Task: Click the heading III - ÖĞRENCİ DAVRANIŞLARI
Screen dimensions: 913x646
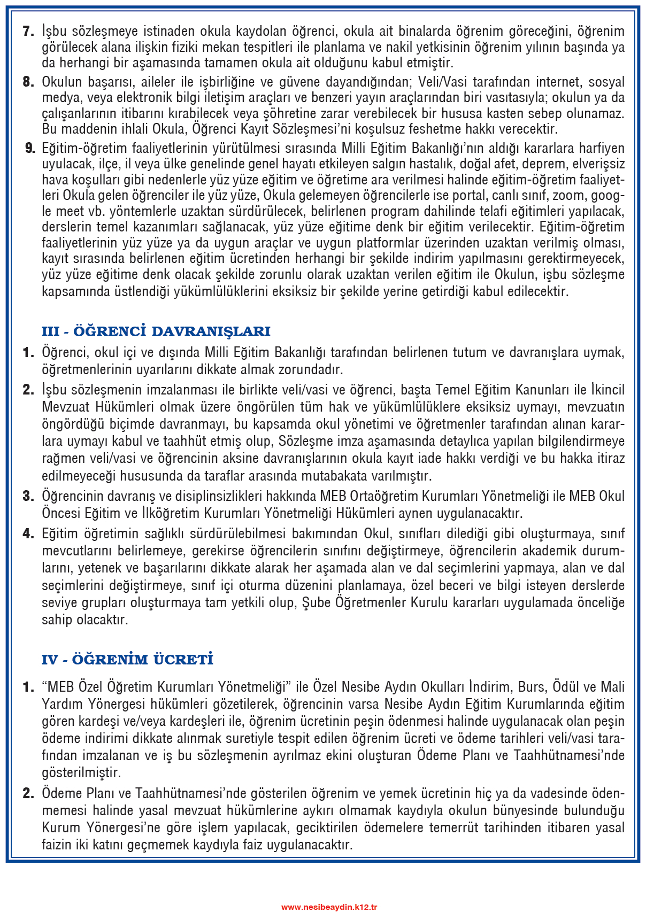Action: coord(156,331)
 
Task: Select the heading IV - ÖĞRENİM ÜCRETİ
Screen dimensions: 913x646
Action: coord(127,660)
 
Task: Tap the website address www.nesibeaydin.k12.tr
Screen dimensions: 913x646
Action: coord(329,907)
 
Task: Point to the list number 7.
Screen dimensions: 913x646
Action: coord(28,31)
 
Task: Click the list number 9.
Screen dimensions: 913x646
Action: coord(30,148)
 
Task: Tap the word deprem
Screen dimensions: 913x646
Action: coord(518,164)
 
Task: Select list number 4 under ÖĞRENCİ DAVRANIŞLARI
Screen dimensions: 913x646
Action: coord(28,533)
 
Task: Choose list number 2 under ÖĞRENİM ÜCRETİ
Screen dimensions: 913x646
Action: coord(28,793)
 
